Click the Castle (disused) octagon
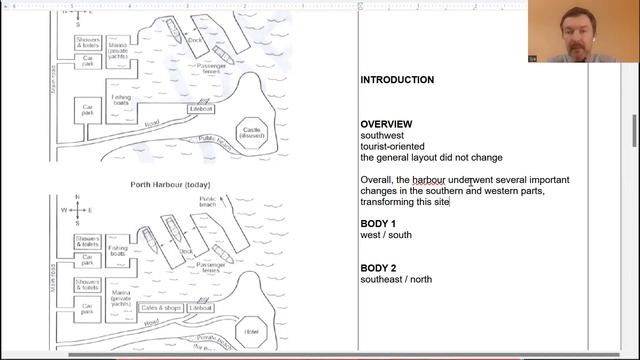(x=251, y=133)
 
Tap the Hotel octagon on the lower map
(x=251, y=331)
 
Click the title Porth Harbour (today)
(x=170, y=185)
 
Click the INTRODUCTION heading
(x=397, y=80)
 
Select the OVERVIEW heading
(x=385, y=124)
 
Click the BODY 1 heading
(x=378, y=223)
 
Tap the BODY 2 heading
(x=378, y=268)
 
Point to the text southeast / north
(x=400, y=280)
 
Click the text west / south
(x=386, y=235)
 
